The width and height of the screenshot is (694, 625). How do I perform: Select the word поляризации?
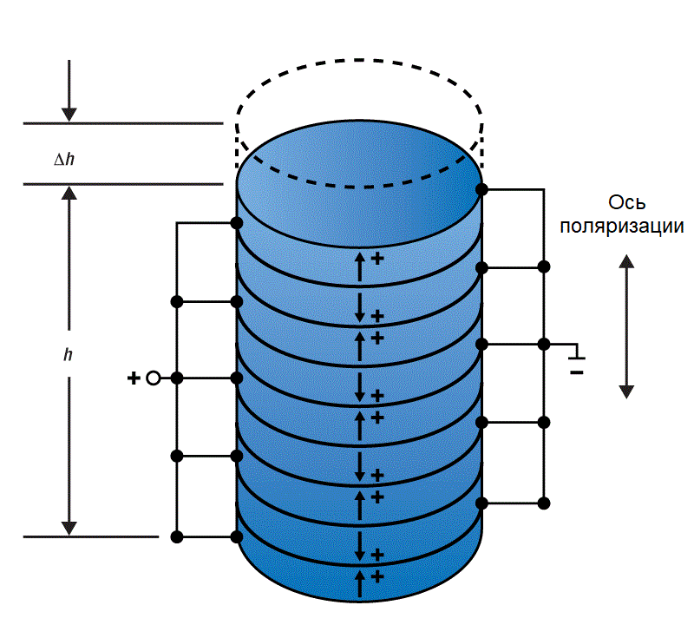tap(622, 227)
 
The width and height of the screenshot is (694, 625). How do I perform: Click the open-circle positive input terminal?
tap(154, 378)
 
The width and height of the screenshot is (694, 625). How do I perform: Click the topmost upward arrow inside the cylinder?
tap(360, 265)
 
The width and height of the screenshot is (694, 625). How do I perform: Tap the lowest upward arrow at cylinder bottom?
tap(360, 584)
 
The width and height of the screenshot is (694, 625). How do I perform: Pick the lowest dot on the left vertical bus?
tap(177, 537)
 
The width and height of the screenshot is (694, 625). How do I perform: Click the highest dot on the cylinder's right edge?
tap(482, 188)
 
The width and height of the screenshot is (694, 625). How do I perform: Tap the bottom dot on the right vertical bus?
tap(544, 502)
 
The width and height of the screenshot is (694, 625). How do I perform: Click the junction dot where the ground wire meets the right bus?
tap(544, 345)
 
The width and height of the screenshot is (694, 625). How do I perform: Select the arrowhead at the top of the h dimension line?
tap(69, 192)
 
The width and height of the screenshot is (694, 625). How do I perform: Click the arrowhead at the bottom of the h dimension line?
tap(69, 528)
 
